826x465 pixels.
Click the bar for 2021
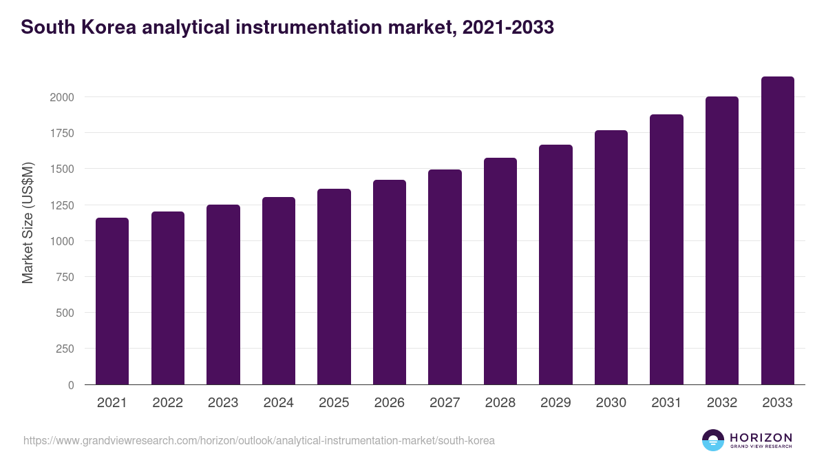pyautogui.click(x=112, y=301)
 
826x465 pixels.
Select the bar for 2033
pyautogui.click(x=777, y=231)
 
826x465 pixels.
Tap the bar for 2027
pyautogui.click(x=445, y=277)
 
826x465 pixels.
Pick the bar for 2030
pyautogui.click(x=611, y=258)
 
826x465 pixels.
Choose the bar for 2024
pyautogui.click(x=279, y=291)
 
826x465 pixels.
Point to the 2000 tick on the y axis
pyautogui.click(x=62, y=97)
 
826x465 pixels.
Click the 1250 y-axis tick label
pyautogui.click(x=62, y=205)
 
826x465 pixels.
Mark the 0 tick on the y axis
pyautogui.click(x=71, y=385)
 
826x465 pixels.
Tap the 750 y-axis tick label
pyautogui.click(x=65, y=277)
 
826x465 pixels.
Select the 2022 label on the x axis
pyautogui.click(x=167, y=403)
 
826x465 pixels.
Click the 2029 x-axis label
pyautogui.click(x=555, y=403)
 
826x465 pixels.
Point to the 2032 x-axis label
pyautogui.click(x=722, y=403)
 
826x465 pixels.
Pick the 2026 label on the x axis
pyautogui.click(x=390, y=403)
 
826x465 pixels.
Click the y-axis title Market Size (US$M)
pyautogui.click(x=28, y=223)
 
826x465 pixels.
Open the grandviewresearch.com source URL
pyautogui.click(x=259, y=440)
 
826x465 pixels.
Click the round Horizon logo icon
pyautogui.click(x=713, y=440)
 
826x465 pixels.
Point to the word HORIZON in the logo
pyautogui.click(x=761, y=437)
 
